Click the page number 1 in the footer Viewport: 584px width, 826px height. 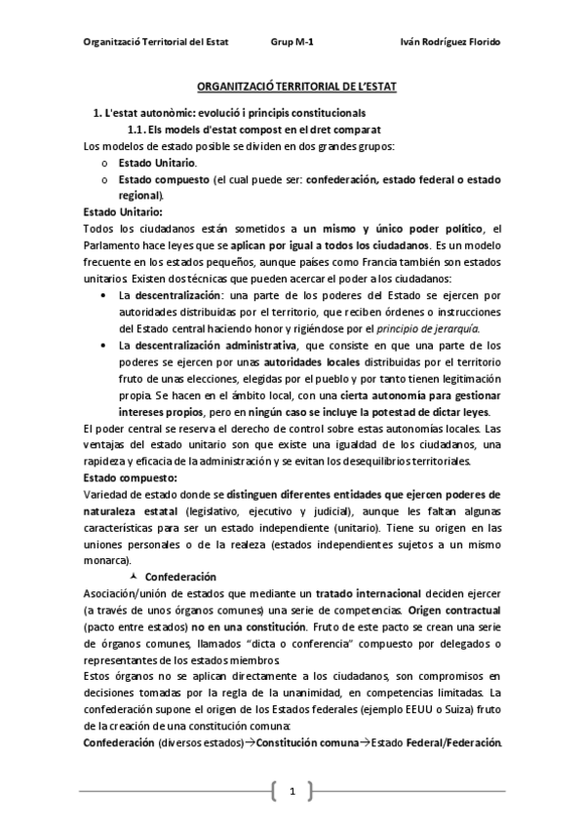292,790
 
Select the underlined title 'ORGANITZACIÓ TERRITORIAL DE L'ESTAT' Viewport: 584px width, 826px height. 292,87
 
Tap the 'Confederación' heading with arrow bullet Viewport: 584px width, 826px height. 182,577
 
